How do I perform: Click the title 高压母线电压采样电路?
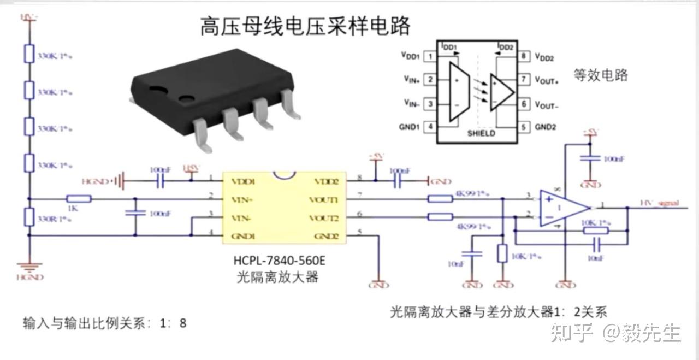pyautogui.click(x=305, y=26)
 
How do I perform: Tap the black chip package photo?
pyautogui.click(x=213, y=96)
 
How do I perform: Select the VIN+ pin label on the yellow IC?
pyautogui.click(x=240, y=199)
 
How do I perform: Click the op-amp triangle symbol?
pyautogui.click(x=562, y=208)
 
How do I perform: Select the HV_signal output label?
pyautogui.click(x=659, y=203)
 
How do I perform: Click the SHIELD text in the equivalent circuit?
pyautogui.click(x=481, y=133)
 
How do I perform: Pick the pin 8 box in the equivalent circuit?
pyautogui.click(x=524, y=56)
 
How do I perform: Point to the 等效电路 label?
pyautogui.click(x=601, y=75)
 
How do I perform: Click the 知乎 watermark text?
pyautogui.click(x=571, y=332)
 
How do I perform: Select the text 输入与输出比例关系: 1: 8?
pyautogui.click(x=104, y=323)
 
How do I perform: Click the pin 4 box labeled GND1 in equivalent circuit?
pyautogui.click(x=431, y=127)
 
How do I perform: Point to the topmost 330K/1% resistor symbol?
pyautogui.click(x=29, y=55)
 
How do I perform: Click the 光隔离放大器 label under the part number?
pyautogui.click(x=277, y=277)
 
